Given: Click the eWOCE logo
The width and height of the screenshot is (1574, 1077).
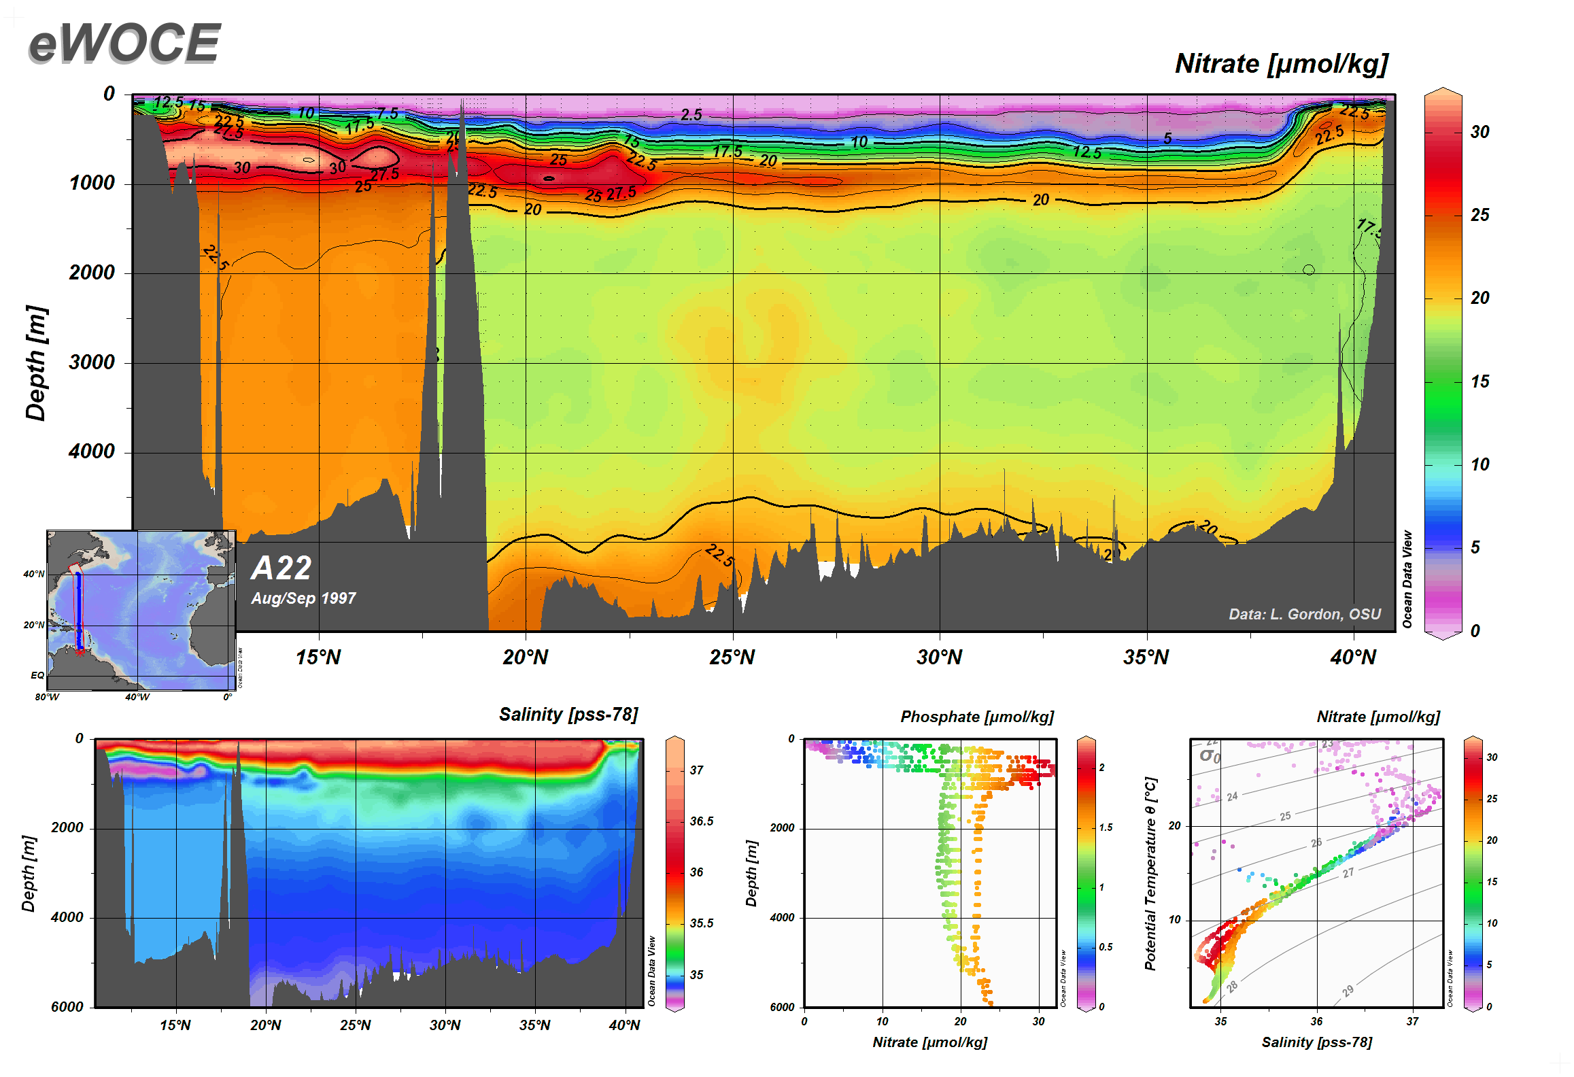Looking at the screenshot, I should click(x=124, y=44).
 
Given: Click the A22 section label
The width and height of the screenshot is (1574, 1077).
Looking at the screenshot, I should click(x=281, y=568).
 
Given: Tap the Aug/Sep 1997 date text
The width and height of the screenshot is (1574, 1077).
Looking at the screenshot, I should click(x=303, y=598).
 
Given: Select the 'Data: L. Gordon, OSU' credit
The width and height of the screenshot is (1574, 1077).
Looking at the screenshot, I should click(x=1304, y=614).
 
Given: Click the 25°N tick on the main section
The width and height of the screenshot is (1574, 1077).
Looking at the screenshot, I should click(x=732, y=657).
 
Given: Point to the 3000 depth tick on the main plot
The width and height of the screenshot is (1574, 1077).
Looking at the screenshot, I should click(x=92, y=362).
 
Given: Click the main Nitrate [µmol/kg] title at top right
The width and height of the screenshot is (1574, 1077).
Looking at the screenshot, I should click(x=1281, y=64).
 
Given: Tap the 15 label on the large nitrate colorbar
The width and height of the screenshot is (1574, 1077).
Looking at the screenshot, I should click(x=1479, y=381).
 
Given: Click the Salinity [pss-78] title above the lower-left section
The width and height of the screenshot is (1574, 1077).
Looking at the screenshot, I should click(x=568, y=715).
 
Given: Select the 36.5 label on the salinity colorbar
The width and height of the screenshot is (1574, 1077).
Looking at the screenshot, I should click(x=702, y=821).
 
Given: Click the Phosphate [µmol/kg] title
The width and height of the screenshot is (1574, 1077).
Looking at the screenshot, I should click(x=977, y=717).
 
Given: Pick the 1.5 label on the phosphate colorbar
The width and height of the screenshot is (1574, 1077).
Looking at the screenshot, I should click(x=1106, y=827).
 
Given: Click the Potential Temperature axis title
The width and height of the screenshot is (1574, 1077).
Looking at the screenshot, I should click(x=1150, y=874).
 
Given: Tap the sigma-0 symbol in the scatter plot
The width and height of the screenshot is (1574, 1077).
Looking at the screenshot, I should click(x=1210, y=756).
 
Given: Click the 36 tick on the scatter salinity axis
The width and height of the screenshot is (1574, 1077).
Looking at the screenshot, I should click(x=1316, y=1021).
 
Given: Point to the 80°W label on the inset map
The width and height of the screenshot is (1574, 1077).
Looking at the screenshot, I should click(x=47, y=697).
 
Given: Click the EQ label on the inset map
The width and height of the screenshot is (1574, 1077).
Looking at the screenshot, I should click(x=37, y=675).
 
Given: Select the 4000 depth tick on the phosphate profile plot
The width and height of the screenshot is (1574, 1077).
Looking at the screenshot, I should click(x=782, y=917).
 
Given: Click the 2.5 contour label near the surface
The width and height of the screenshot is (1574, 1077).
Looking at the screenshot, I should click(x=691, y=115).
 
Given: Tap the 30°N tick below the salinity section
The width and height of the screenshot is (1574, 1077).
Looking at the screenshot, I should click(x=445, y=1025).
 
